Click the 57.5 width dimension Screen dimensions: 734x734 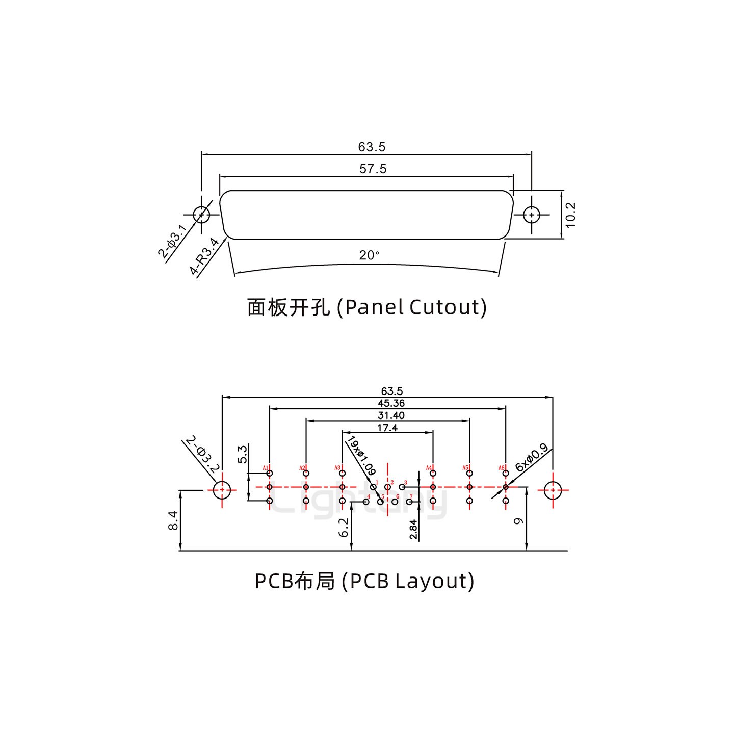click(373, 169)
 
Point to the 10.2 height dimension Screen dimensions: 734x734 click(570, 215)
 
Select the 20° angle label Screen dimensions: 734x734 click(369, 255)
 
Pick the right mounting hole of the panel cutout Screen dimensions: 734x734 click(532, 215)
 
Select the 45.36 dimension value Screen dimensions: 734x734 click(391, 404)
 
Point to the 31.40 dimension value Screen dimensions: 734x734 click(391, 416)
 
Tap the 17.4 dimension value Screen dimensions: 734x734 click(387, 428)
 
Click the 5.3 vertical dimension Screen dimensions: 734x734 click(243, 454)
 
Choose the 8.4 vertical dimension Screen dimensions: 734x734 click(173, 520)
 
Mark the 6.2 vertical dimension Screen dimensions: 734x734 click(344, 527)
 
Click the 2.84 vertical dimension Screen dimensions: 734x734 click(413, 529)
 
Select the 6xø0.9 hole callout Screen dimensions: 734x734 click(531, 457)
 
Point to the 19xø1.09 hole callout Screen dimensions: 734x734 click(360, 455)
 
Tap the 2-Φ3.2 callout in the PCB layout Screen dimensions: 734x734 click(202, 453)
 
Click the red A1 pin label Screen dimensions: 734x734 click(266, 468)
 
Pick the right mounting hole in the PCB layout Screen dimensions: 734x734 click(553, 490)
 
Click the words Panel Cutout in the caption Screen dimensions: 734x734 click(413, 307)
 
